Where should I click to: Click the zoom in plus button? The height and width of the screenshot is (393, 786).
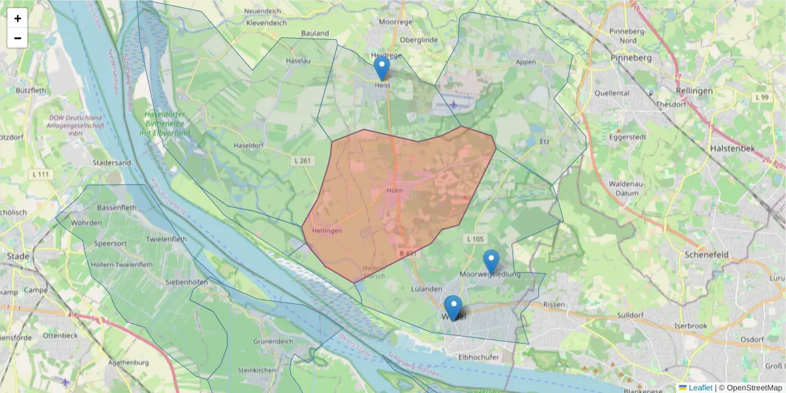pos(18,18)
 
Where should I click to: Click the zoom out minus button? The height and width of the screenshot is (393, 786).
pos(18,38)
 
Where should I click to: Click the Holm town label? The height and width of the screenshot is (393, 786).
pos(394,191)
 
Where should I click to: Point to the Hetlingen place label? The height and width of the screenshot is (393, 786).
pos(327,231)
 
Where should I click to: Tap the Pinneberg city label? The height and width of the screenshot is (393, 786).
pos(631,58)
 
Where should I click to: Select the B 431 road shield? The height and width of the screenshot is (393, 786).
pos(407,253)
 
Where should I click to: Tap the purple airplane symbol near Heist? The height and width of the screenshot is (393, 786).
pos(454,103)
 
